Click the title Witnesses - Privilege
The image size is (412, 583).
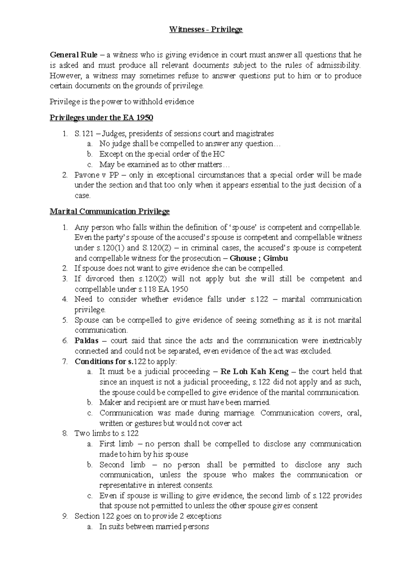click(206, 30)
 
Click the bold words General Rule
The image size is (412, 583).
click(73, 55)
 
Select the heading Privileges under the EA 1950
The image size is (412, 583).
click(101, 118)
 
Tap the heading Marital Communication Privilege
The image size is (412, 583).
click(110, 211)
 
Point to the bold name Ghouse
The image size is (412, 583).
click(243, 258)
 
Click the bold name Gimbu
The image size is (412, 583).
click(275, 258)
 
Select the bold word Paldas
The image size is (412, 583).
click(87, 341)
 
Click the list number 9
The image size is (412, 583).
click(65, 516)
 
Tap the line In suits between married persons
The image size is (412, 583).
click(154, 527)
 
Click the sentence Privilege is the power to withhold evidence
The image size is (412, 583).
click(122, 102)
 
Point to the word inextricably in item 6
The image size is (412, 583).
click(342, 341)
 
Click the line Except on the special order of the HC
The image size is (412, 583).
click(162, 154)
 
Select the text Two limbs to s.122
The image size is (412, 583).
click(106, 433)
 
